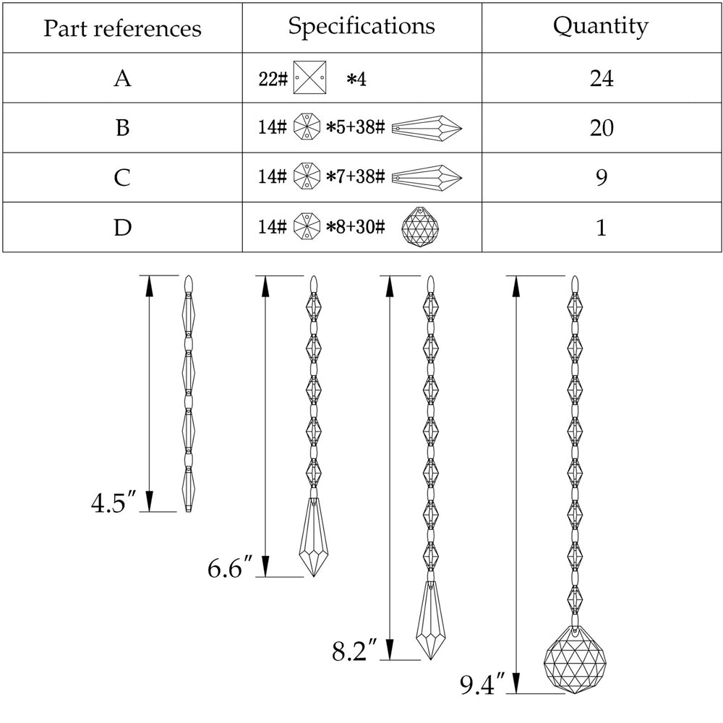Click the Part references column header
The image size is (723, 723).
(122, 28)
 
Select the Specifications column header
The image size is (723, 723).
(361, 26)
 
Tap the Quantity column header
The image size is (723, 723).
(601, 26)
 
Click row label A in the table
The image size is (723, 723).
(122, 78)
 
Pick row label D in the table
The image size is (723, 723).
(122, 228)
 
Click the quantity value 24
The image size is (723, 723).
(601, 78)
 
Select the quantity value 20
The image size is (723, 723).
(601, 128)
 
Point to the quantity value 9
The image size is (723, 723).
(601, 177)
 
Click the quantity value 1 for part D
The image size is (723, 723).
(601, 228)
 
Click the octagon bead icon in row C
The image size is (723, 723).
(307, 177)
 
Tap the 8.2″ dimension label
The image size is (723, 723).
(355, 651)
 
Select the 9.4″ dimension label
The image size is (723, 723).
(482, 683)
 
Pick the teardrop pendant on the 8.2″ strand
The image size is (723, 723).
(431, 620)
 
